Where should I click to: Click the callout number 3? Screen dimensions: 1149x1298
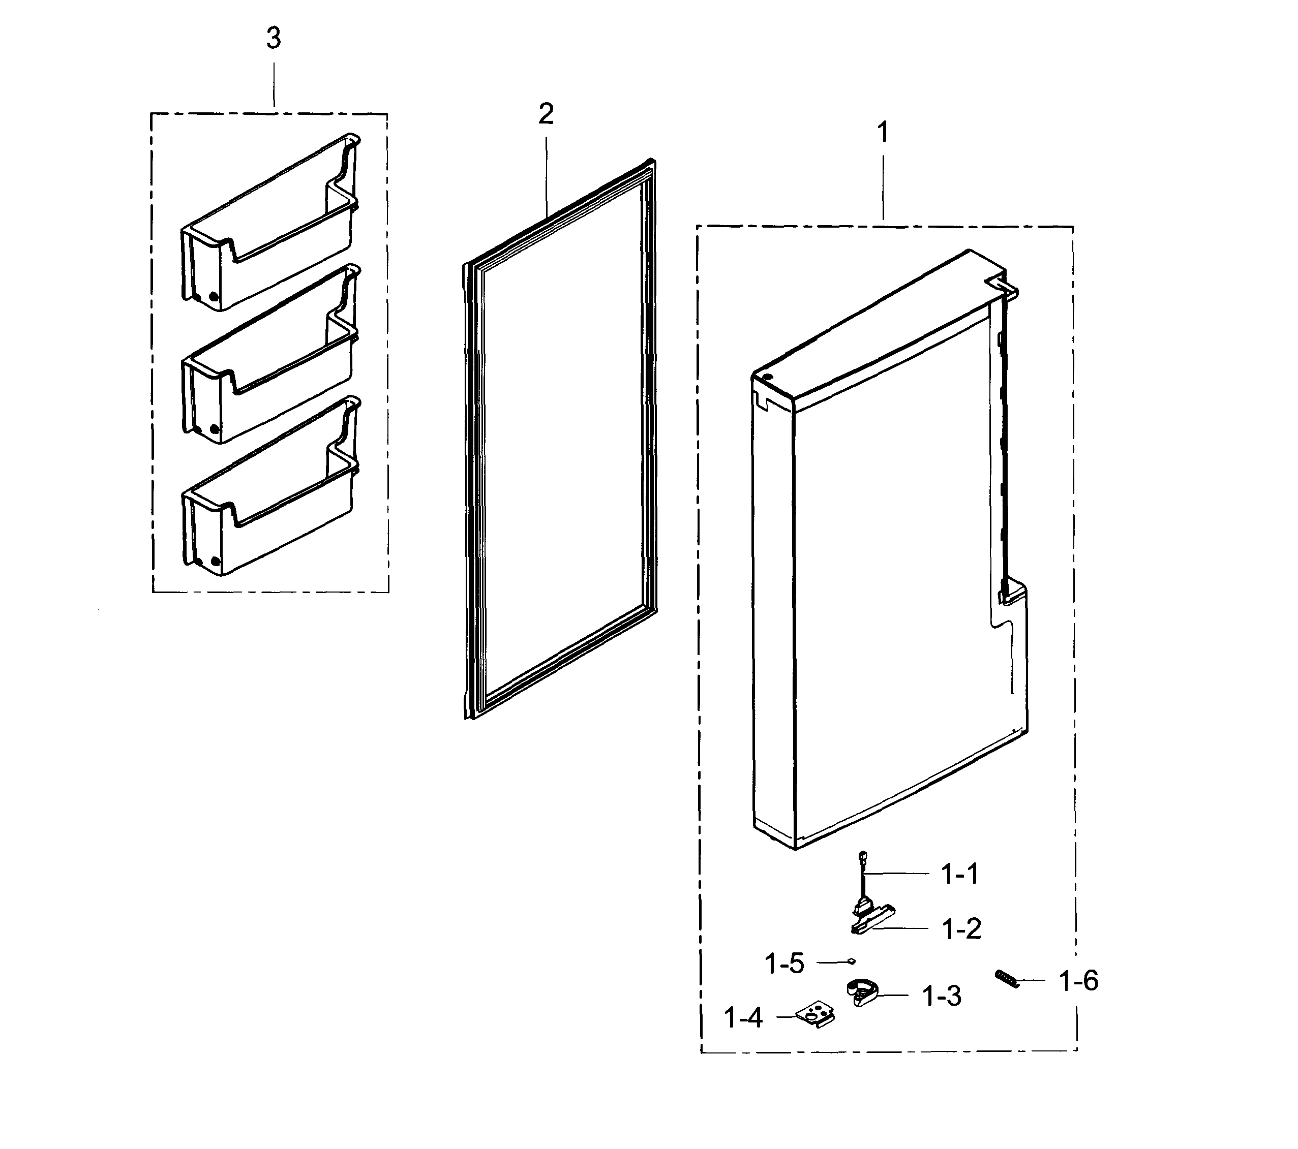pos(273,39)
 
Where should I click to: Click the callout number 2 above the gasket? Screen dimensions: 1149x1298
pos(546,115)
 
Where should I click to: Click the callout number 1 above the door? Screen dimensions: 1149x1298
pos(882,133)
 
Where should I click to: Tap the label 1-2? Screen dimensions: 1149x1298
pos(961,929)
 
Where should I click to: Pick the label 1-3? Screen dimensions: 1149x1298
pos(941,997)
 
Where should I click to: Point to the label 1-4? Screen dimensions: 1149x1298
pos(742,1018)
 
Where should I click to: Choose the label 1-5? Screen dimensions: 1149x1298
pos(784,964)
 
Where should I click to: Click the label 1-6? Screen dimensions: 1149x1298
pos(1078,981)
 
